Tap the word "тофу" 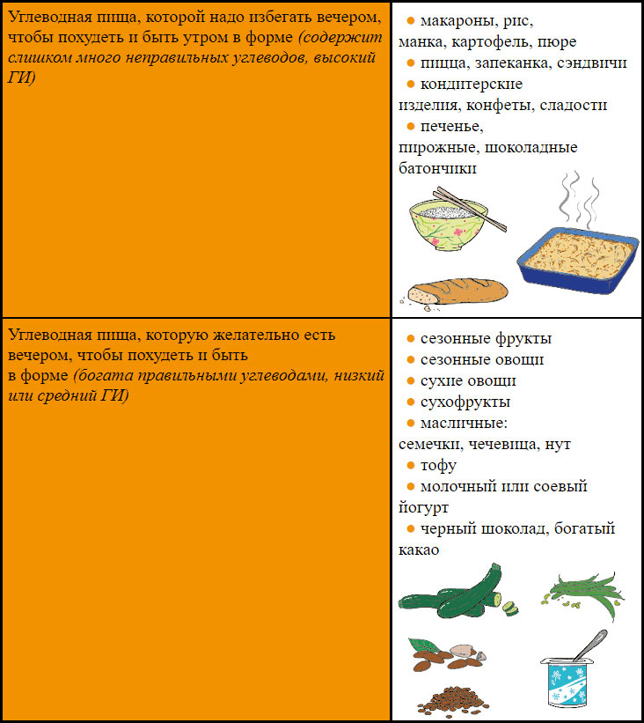tap(438, 465)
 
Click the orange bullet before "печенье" tap(410, 127)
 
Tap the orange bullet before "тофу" tap(410, 465)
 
